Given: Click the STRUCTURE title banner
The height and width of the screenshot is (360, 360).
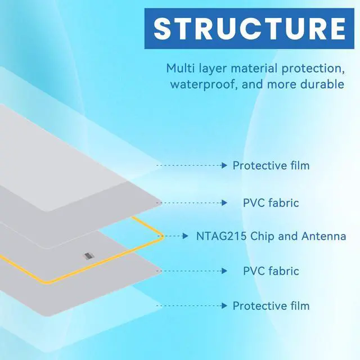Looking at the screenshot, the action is click(249, 29).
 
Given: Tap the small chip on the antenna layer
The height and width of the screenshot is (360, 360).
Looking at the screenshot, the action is click(88, 256).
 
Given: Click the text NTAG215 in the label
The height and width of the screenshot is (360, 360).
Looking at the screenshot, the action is click(221, 236).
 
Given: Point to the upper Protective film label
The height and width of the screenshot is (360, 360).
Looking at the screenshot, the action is click(271, 165).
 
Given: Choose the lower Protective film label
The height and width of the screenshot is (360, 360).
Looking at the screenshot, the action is click(271, 306).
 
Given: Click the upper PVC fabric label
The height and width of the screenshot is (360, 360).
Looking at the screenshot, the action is click(271, 203).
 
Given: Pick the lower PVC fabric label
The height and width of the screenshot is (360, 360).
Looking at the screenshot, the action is click(271, 271).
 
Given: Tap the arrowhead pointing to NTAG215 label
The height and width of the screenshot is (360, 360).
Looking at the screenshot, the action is click(186, 236).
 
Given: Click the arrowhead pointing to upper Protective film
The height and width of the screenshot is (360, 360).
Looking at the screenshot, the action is click(224, 165).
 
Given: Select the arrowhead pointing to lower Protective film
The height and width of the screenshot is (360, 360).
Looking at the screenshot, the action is click(224, 306).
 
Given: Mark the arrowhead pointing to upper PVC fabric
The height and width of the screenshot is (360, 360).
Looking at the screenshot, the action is click(224, 203).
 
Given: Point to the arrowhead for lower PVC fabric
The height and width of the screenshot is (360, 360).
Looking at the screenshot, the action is click(224, 271).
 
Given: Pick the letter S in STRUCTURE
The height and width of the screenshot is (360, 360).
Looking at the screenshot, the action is click(163, 29).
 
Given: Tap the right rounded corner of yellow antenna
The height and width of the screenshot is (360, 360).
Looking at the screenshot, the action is click(161, 236).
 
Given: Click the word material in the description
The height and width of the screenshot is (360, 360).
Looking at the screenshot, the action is click(254, 68).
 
